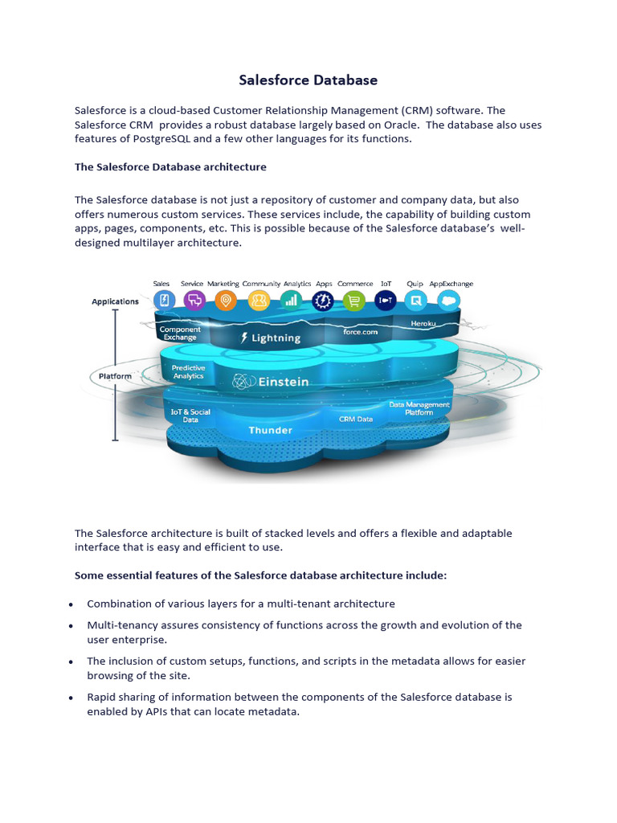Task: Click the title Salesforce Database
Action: point(308,80)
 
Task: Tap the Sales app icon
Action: point(163,301)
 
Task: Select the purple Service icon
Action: point(194,301)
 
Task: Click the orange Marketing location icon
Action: point(226,301)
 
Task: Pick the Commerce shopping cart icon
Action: point(354,301)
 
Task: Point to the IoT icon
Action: point(386,301)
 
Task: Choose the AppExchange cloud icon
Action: point(449,301)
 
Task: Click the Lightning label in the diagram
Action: point(271,338)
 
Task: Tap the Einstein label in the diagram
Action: point(271,382)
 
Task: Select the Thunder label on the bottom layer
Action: point(271,431)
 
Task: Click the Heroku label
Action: point(423,323)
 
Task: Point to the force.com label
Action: point(360,331)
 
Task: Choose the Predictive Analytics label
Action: point(189,372)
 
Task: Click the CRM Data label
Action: point(356,420)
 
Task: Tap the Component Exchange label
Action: point(180,334)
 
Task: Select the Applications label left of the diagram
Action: point(115,302)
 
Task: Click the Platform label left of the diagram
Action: point(115,375)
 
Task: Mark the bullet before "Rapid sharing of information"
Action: point(72,698)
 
